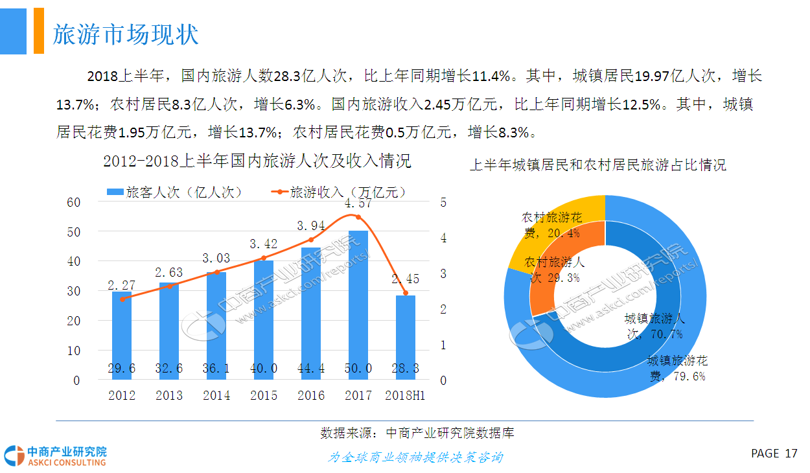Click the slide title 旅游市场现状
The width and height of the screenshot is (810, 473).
coord(126,34)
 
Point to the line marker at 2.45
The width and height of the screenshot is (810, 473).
coord(406,293)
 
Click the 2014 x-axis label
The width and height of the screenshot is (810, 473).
coord(216,395)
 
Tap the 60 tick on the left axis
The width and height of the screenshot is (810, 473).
coord(74,202)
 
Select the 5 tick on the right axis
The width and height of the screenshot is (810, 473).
coord(444,202)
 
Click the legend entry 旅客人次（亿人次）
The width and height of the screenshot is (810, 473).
coord(173,192)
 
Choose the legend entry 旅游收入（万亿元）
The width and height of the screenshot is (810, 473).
coord(340,192)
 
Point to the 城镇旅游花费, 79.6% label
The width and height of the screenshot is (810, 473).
coord(677,368)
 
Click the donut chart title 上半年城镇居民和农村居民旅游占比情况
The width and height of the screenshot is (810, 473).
coord(597,165)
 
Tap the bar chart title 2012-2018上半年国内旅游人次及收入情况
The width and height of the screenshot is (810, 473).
coord(257,161)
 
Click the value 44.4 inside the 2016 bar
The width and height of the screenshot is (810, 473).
coord(311,369)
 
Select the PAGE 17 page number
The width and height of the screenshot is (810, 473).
coord(774,454)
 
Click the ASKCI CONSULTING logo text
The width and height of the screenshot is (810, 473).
coord(66,462)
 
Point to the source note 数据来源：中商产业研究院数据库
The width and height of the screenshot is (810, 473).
coord(417,433)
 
